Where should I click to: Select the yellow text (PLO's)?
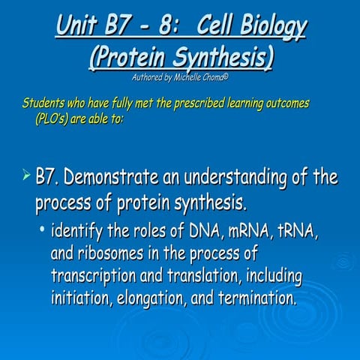[53, 117]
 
